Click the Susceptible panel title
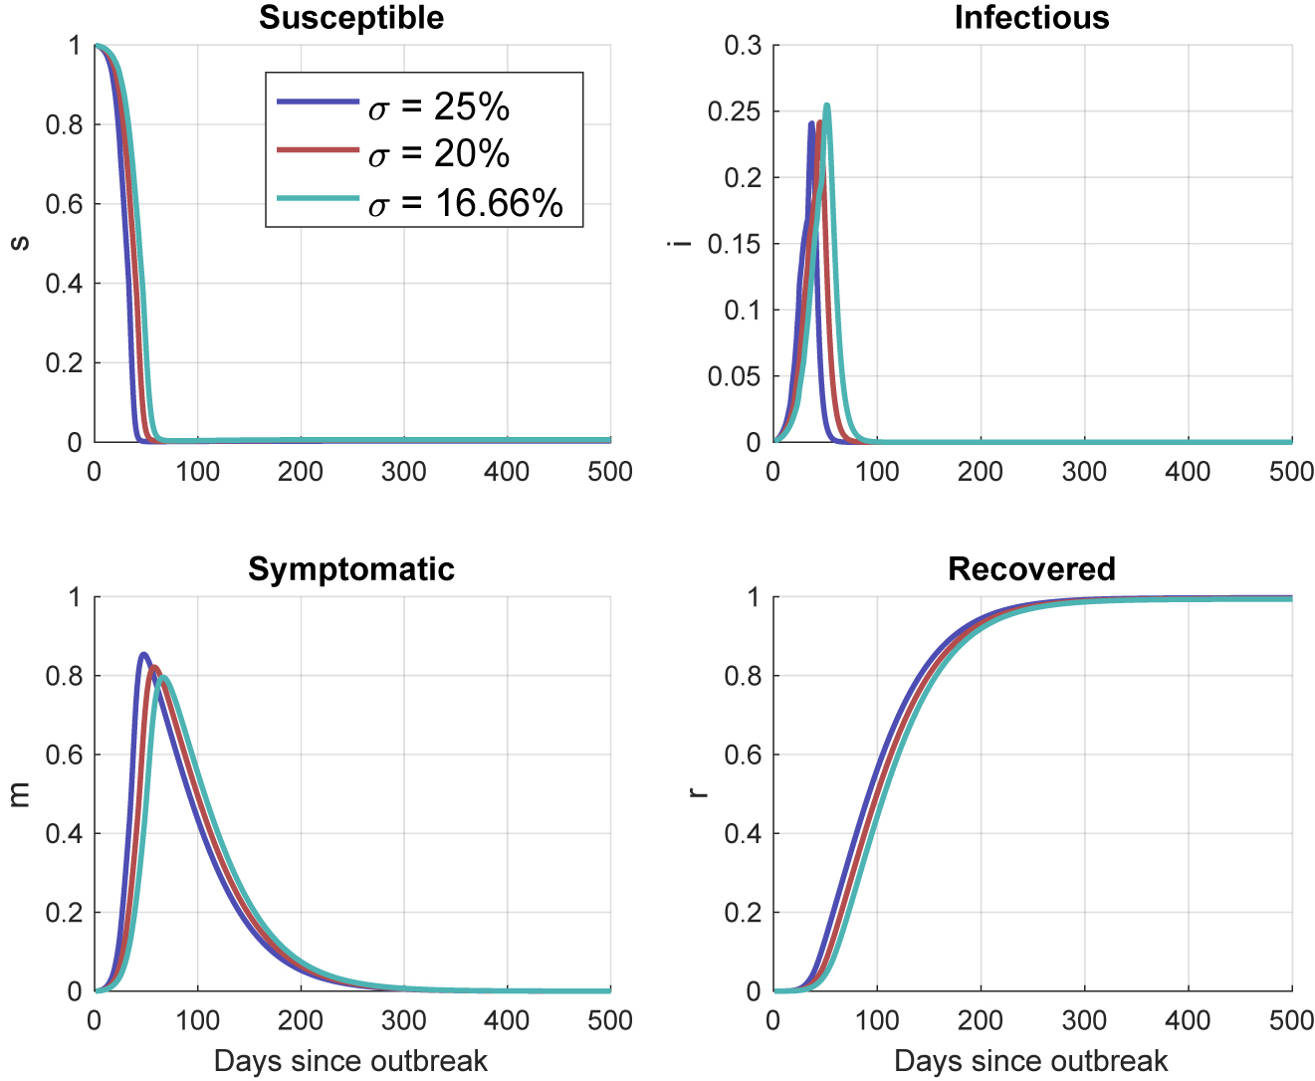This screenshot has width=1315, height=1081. pyautogui.click(x=351, y=18)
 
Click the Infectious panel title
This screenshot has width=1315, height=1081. pyautogui.click(x=1031, y=18)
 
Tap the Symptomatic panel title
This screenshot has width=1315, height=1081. pyautogui.click(x=351, y=569)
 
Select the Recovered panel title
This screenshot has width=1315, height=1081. pyautogui.click(x=1031, y=569)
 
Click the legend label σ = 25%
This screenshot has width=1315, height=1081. pyautogui.click(x=438, y=106)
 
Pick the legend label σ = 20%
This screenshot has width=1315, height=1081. pyautogui.click(x=438, y=153)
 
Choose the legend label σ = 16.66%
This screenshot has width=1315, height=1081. pyautogui.click(x=465, y=203)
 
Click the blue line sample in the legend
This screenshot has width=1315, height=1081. pyautogui.click(x=318, y=102)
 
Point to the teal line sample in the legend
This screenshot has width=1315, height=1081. pyautogui.click(x=318, y=199)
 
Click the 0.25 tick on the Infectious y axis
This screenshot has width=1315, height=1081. pyautogui.click(x=735, y=111)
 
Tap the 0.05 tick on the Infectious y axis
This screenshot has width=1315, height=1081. pyautogui.click(x=735, y=376)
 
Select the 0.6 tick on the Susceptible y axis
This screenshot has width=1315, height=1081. pyautogui.click(x=64, y=204)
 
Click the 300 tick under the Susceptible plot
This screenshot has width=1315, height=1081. pyautogui.click(x=403, y=471)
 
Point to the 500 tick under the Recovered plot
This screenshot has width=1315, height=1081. pyautogui.click(x=1291, y=1021)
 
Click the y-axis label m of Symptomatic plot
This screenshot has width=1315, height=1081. pyautogui.click(x=19, y=794)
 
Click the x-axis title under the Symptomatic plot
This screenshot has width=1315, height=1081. pyautogui.click(x=350, y=1061)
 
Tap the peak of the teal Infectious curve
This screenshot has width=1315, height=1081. pyautogui.click(x=826, y=106)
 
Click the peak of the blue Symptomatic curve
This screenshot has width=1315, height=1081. pyautogui.click(x=144, y=654)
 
